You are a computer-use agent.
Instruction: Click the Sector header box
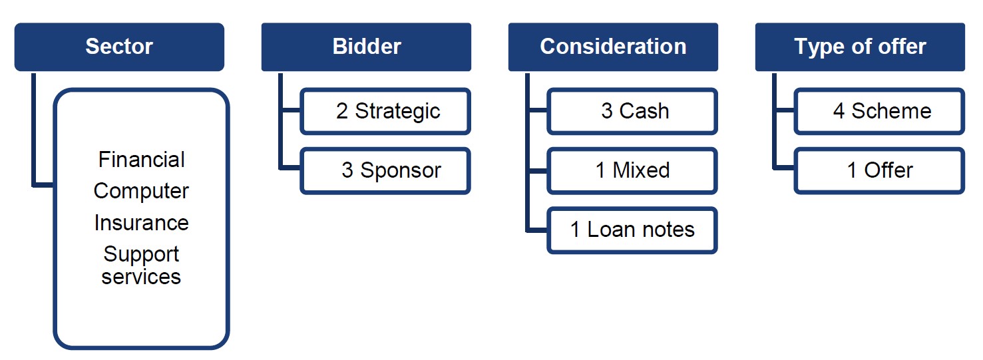[x=119, y=47]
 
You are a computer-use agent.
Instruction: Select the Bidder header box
[x=367, y=47]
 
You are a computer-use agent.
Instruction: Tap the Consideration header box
[x=613, y=47]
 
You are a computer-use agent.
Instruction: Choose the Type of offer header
[x=860, y=47]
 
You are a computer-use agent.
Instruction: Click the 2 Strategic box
[x=385, y=112]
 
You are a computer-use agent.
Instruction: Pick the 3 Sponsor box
[x=385, y=171]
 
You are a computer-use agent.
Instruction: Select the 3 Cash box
[x=632, y=112]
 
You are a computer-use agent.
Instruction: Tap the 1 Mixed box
[x=632, y=171]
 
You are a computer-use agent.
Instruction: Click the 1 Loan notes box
[x=632, y=230]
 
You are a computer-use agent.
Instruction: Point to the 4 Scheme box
[x=879, y=112]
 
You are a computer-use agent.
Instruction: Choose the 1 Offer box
[x=879, y=171]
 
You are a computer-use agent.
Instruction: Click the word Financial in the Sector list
[x=141, y=159]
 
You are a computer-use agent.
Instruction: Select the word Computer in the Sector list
[x=141, y=192]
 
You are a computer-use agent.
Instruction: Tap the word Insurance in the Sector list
[x=141, y=222]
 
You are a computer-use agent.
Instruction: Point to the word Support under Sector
[x=141, y=255]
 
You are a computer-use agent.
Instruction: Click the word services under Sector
[x=141, y=277]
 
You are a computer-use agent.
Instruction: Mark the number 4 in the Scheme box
[x=839, y=110]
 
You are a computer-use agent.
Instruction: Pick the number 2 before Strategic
[x=342, y=110]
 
